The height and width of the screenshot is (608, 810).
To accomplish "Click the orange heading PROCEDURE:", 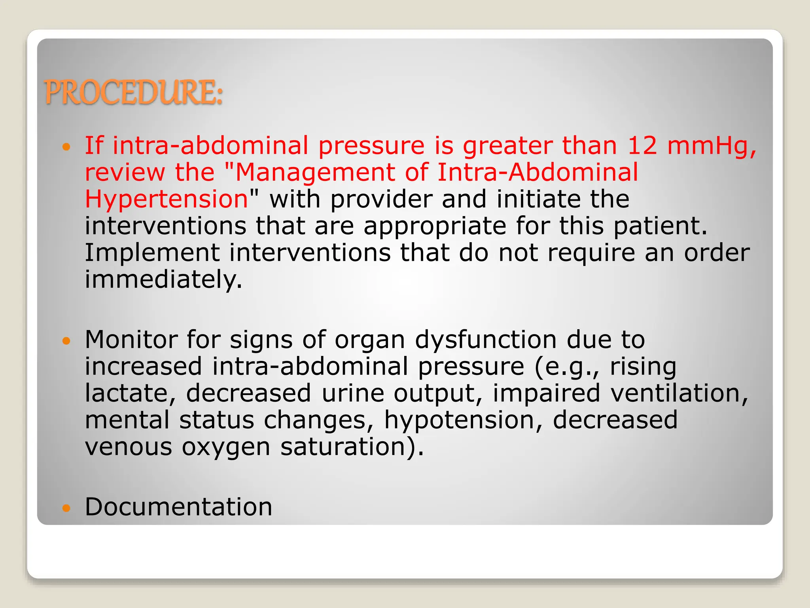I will (134, 92).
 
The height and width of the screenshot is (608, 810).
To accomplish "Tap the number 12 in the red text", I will (642, 145).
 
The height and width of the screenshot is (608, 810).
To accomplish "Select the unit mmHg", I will (712, 146).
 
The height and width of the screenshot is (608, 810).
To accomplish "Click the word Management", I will (315, 173).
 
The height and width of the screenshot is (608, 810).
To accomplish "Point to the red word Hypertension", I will (167, 199).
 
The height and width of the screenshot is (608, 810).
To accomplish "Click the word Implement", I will (152, 253).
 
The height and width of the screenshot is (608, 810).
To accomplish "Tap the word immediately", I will (163, 279).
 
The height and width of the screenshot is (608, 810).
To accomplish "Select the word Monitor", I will (131, 340).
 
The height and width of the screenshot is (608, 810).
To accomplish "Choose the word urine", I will (352, 393).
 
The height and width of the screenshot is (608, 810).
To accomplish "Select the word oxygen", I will (226, 447).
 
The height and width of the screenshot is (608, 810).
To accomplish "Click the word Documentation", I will (178, 507).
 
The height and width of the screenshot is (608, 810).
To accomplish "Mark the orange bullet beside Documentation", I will (66, 508).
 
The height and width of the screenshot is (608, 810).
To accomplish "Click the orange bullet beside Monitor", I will (66, 340).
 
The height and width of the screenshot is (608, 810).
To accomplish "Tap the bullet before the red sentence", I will (66, 147).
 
